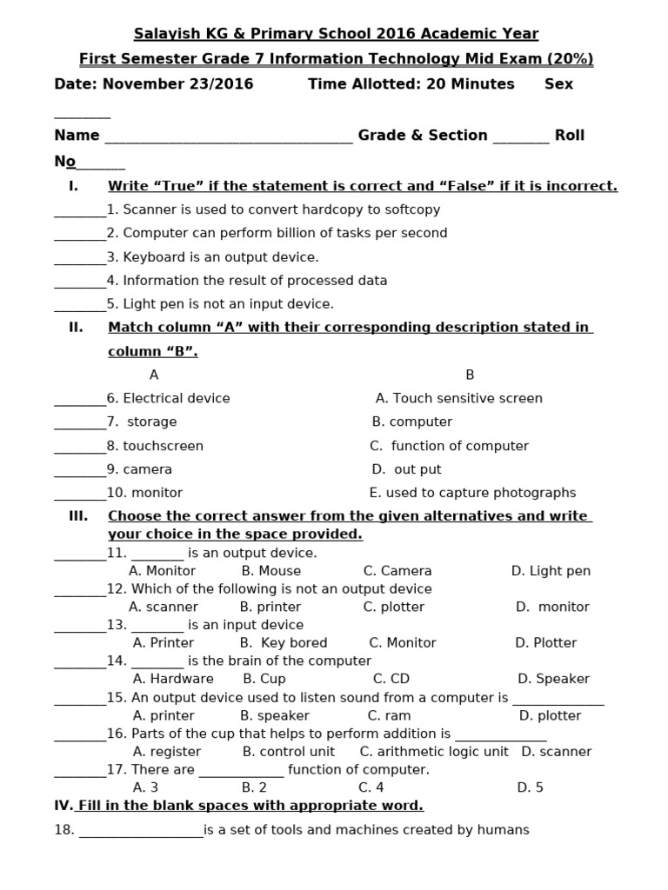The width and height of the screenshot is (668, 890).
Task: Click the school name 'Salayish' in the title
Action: tap(163, 34)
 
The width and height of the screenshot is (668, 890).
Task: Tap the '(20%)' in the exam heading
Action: tap(565, 59)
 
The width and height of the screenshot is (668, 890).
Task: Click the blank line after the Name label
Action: tap(228, 137)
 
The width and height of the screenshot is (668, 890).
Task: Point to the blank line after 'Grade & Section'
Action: tap(521, 137)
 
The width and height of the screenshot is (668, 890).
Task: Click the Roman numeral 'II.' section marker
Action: tap(76, 328)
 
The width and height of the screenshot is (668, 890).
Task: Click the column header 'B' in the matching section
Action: tap(470, 375)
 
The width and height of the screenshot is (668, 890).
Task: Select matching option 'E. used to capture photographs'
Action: tap(472, 493)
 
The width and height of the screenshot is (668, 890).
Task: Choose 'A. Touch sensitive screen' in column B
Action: tap(458, 399)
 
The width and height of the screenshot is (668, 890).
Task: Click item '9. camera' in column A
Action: tap(139, 469)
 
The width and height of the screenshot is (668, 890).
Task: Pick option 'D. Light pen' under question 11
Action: tap(551, 571)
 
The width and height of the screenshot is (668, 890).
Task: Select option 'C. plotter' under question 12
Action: tap(394, 607)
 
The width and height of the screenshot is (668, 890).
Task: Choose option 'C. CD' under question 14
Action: tap(391, 679)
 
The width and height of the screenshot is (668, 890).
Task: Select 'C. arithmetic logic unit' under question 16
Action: tap(434, 752)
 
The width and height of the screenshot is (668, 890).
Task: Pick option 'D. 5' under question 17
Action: tap(530, 787)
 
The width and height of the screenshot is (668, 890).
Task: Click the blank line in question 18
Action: tap(141, 832)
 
